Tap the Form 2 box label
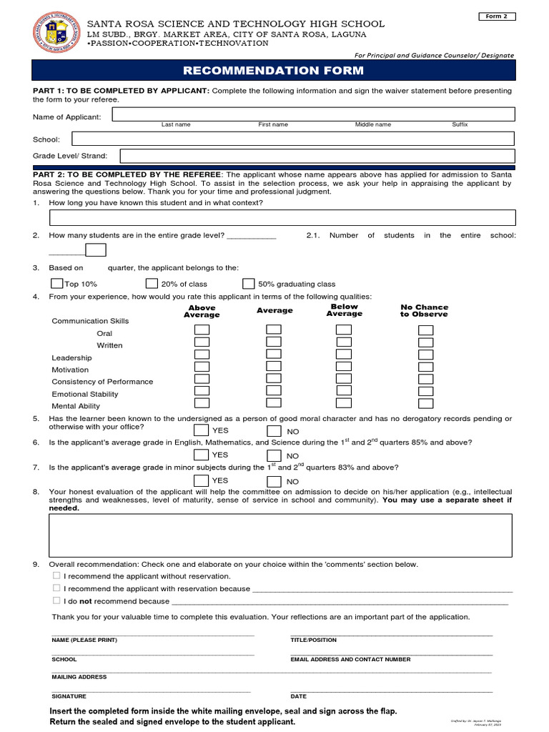click(x=496, y=16)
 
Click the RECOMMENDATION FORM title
click(x=274, y=71)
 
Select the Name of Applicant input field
click(x=313, y=114)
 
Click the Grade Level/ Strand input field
click(x=317, y=156)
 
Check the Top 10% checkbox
click(x=57, y=283)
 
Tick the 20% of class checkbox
click(x=152, y=283)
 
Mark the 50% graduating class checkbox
click(x=248, y=283)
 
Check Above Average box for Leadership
click(x=202, y=355)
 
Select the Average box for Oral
click(x=274, y=330)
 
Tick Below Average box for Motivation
click(x=344, y=367)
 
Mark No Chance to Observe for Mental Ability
click(x=426, y=403)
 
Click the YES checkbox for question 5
click(x=202, y=430)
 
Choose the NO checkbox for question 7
click(x=274, y=481)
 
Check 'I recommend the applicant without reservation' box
click(x=56, y=575)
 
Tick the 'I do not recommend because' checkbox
click(x=56, y=601)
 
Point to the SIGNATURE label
click(x=69, y=696)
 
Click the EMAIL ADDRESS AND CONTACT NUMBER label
click(x=350, y=660)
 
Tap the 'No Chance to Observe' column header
click(x=424, y=310)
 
